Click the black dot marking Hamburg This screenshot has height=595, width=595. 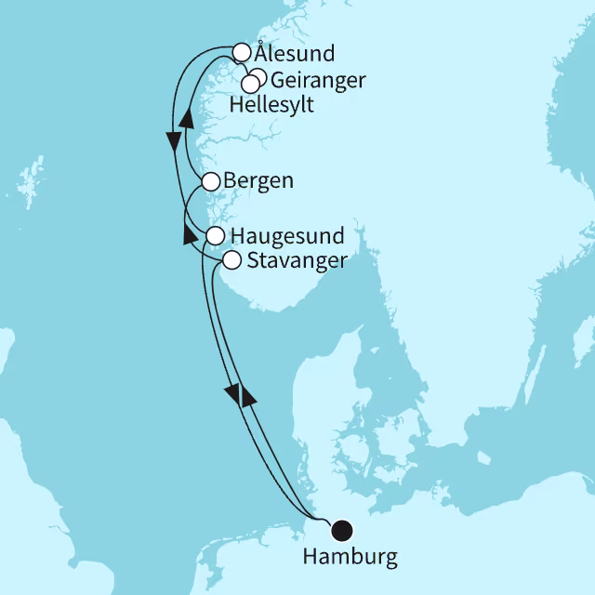[342, 530]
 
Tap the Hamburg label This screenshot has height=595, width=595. [350, 558]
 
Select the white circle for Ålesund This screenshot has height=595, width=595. [242, 52]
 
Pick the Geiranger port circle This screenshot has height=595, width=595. [259, 77]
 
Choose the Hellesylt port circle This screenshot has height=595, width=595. [249, 85]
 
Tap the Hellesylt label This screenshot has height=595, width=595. [271, 106]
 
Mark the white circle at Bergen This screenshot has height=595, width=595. [211, 181]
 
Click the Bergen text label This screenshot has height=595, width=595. [259, 180]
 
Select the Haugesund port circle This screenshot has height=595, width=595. [215, 235]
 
